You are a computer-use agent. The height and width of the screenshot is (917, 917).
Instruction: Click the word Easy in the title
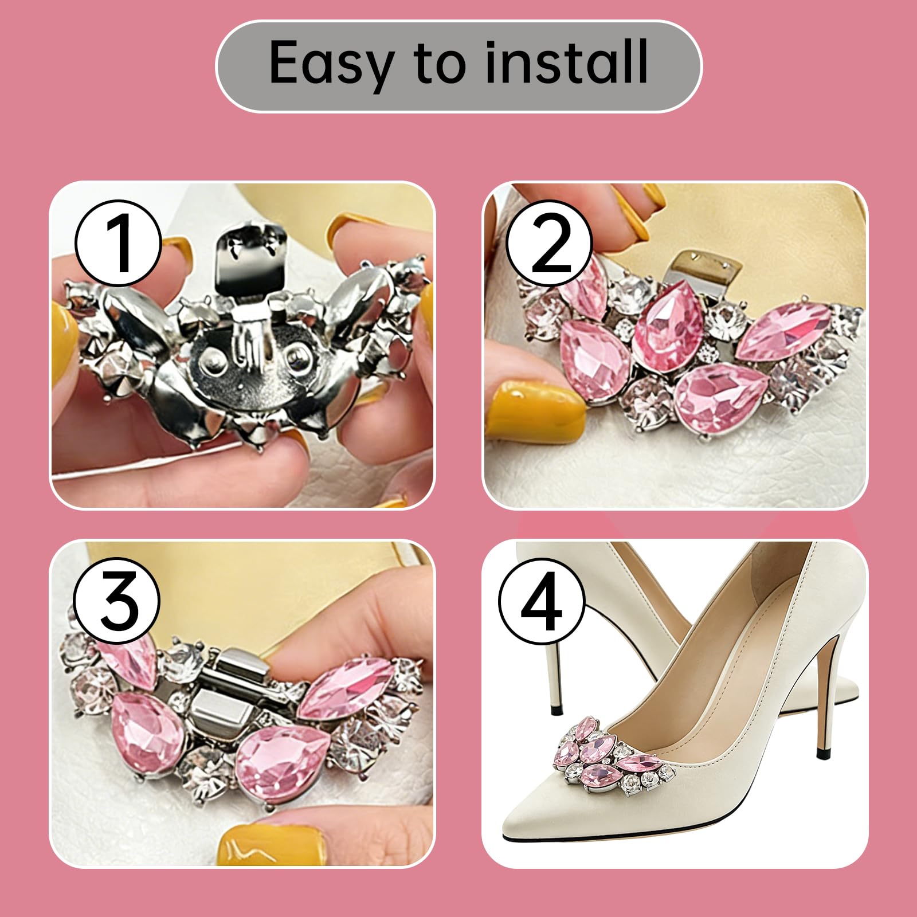tap(332, 64)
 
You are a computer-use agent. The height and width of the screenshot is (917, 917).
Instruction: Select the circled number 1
tap(118, 243)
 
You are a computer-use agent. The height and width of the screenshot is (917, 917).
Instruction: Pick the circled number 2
tap(548, 243)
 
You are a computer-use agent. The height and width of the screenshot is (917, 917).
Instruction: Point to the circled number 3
tap(118, 601)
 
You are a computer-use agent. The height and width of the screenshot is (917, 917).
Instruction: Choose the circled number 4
tap(542, 601)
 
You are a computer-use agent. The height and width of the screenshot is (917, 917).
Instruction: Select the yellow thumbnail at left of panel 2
tap(528, 407)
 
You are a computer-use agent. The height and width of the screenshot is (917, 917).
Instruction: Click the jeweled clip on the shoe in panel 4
tap(613, 754)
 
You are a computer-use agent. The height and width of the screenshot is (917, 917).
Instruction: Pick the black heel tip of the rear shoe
tap(555, 711)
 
